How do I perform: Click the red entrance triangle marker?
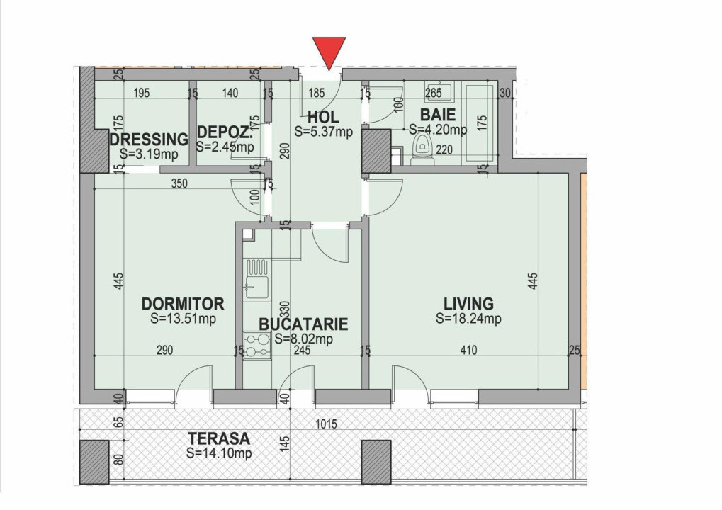329,52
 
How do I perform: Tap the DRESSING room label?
149,139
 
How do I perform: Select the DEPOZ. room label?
225,132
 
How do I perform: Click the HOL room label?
323,117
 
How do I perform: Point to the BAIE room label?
438,115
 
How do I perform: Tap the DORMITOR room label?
183,304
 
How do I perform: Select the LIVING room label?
468,304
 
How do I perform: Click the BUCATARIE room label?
303,324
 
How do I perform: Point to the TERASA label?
218,439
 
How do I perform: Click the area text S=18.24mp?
468,319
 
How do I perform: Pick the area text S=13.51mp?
183,319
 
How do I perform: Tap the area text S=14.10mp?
218,453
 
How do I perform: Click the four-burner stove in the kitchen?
256,345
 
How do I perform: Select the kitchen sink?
256,288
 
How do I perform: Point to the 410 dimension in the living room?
468,350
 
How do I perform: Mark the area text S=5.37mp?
323,131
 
